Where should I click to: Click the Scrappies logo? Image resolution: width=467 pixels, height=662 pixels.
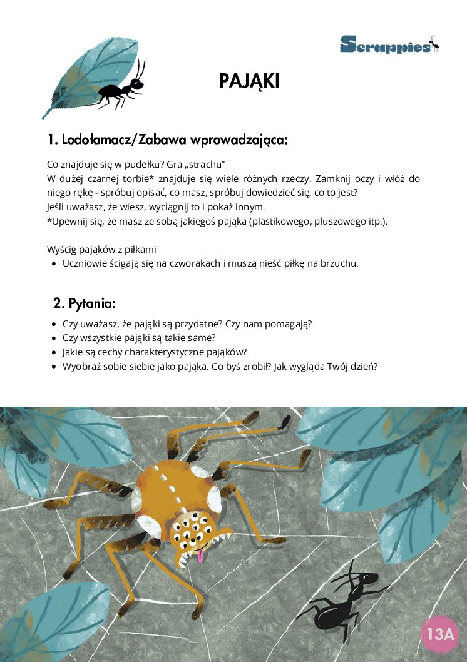tap(389, 44)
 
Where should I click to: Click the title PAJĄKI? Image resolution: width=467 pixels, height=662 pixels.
tap(249, 81)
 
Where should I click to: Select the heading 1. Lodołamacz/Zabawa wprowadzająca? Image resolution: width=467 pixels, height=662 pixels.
tap(168, 139)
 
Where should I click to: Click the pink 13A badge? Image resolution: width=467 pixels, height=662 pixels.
tap(439, 634)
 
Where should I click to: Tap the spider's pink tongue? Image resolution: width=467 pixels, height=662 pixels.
tap(200, 555)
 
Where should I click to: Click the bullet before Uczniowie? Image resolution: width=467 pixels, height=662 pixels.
tap(53, 263)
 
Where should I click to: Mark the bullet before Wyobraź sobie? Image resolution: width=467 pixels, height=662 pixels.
tap(53, 366)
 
